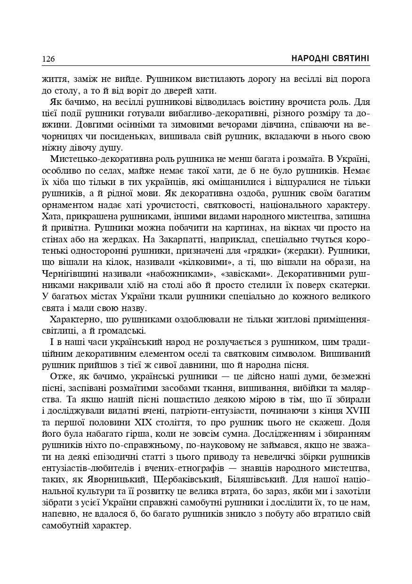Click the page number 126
(x=48, y=59)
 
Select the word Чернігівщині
(x=69, y=273)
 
